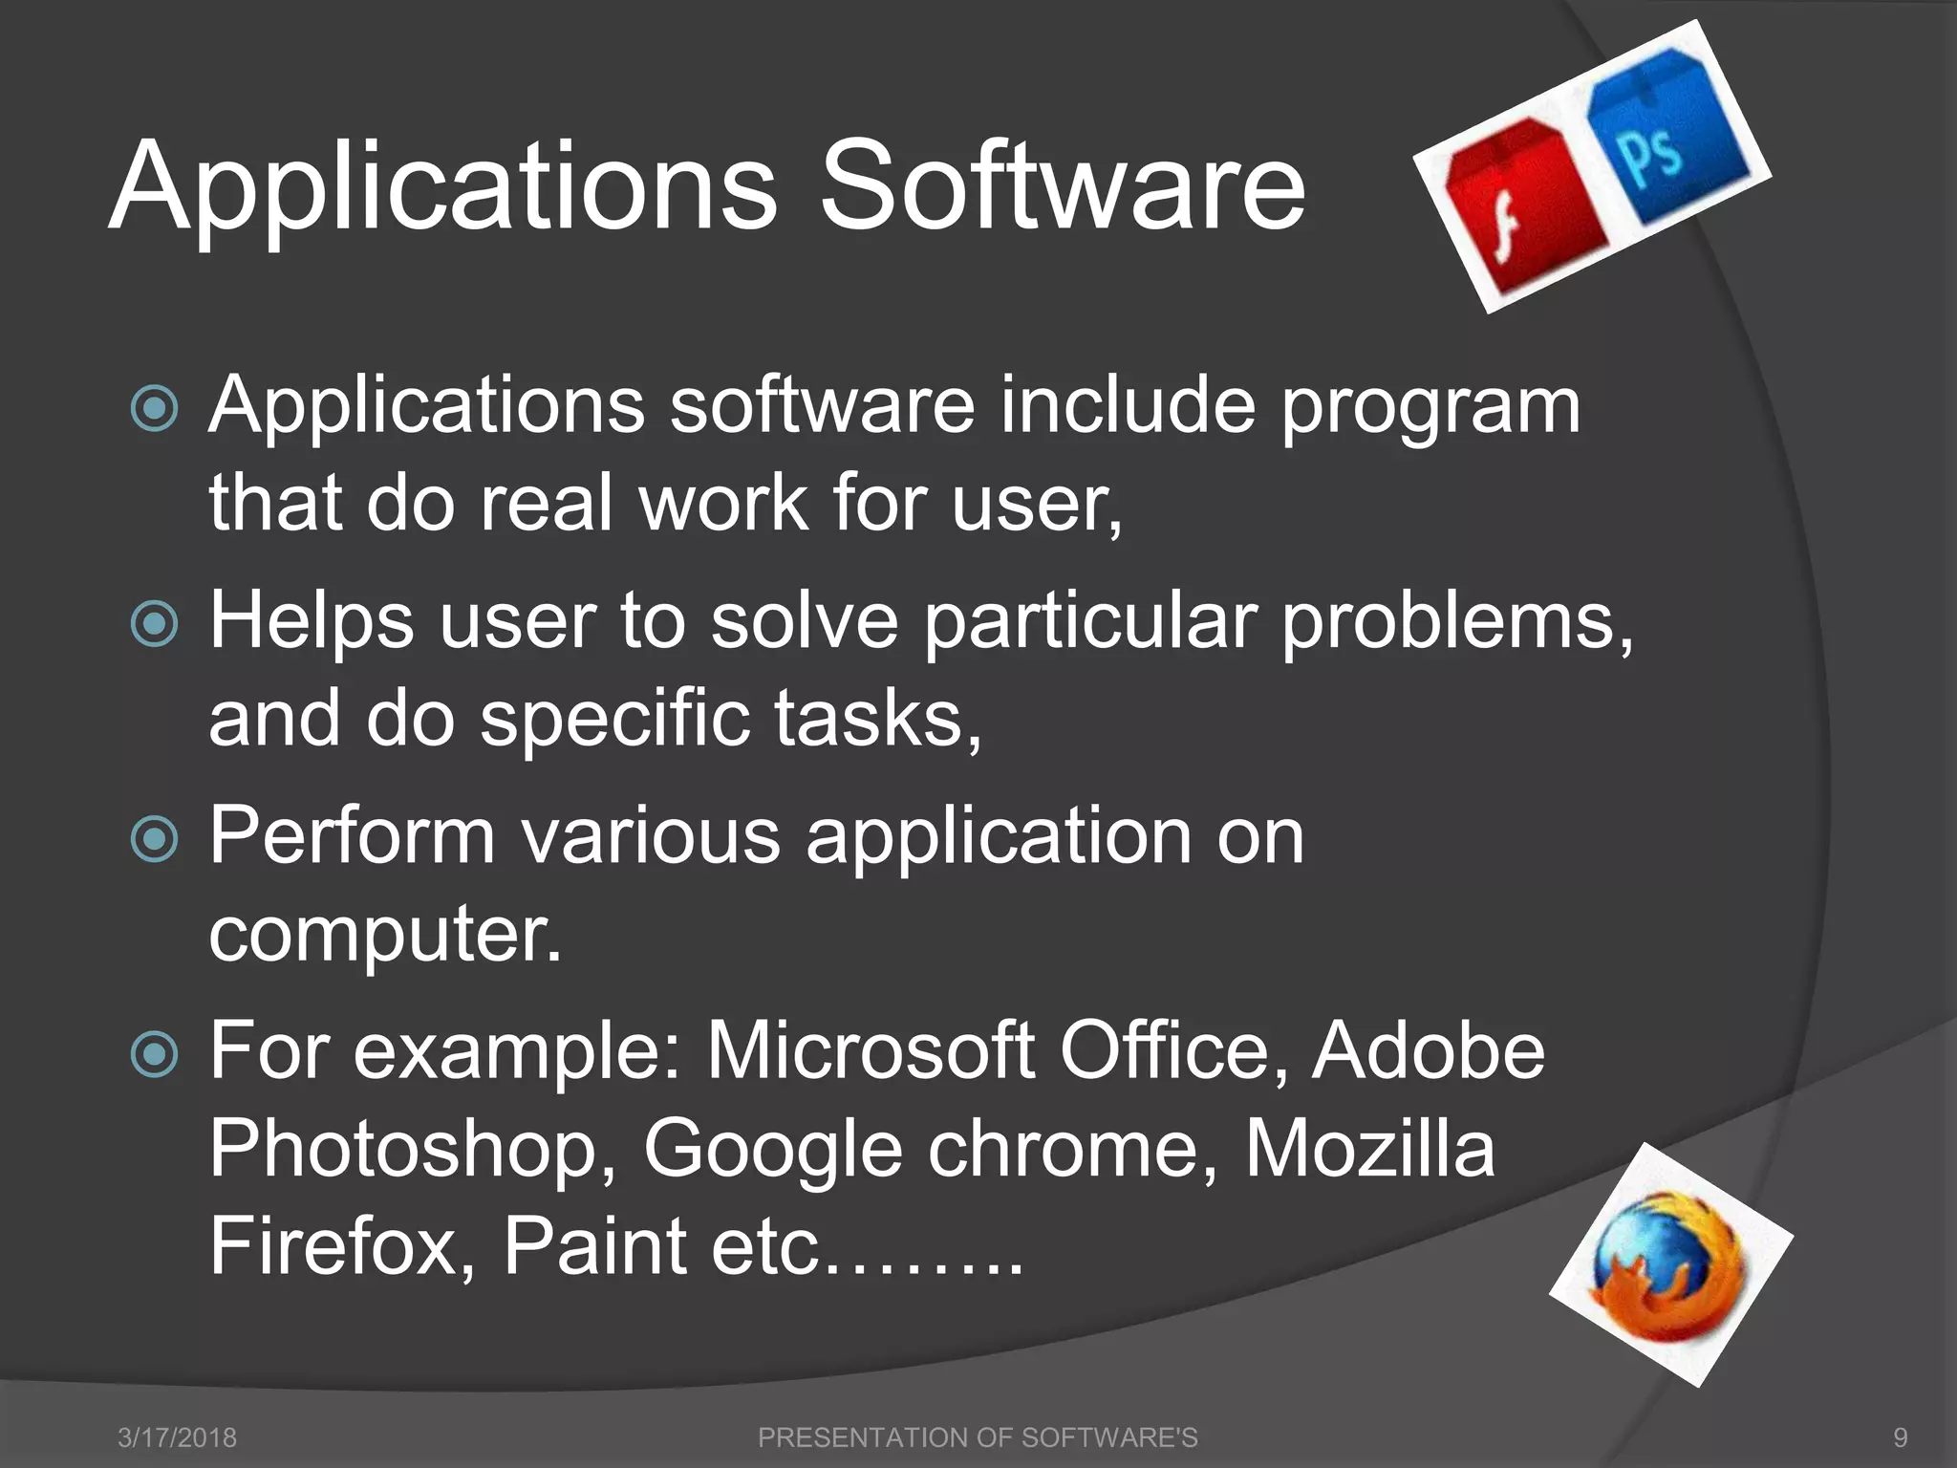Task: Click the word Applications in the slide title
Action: (442, 188)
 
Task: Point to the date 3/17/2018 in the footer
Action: (177, 1436)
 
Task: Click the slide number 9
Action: (1900, 1436)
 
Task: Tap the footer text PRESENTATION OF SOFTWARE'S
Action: (977, 1436)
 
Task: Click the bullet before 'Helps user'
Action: (154, 624)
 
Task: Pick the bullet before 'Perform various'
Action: (154, 839)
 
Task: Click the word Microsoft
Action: (870, 1050)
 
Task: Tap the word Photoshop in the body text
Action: (412, 1149)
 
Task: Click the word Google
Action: (772, 1151)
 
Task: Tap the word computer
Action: (385, 936)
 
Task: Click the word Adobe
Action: (1428, 1050)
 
